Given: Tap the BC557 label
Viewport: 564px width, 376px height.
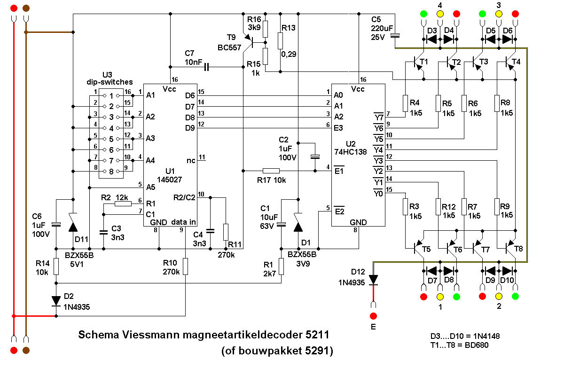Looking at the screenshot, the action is click(229, 47).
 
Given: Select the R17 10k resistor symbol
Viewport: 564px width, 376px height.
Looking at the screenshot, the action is click(271, 171).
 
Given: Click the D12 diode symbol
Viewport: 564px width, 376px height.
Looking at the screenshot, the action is click(373, 280).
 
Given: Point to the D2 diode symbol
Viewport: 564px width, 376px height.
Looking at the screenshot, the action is click(56, 301).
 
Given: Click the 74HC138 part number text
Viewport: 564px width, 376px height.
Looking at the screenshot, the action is click(350, 152).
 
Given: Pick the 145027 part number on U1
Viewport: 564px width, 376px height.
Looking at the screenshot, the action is click(169, 180).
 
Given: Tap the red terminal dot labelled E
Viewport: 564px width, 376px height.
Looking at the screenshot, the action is click(373, 316).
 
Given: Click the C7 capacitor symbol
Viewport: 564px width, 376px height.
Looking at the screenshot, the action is click(206, 67).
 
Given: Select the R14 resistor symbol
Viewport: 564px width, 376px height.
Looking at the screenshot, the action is click(56, 266).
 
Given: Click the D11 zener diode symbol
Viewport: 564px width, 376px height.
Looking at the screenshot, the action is click(73, 223).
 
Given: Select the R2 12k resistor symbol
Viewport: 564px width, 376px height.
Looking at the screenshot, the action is click(123, 204).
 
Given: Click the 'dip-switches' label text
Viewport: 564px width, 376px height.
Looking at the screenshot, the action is click(110, 82).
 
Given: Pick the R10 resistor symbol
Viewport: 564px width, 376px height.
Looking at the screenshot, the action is click(185, 266).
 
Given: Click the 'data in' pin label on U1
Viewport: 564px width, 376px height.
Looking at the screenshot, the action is click(183, 222).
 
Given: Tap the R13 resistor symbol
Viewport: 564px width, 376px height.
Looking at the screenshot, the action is click(280, 40).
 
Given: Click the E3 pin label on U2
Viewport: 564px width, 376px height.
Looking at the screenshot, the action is click(338, 128).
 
